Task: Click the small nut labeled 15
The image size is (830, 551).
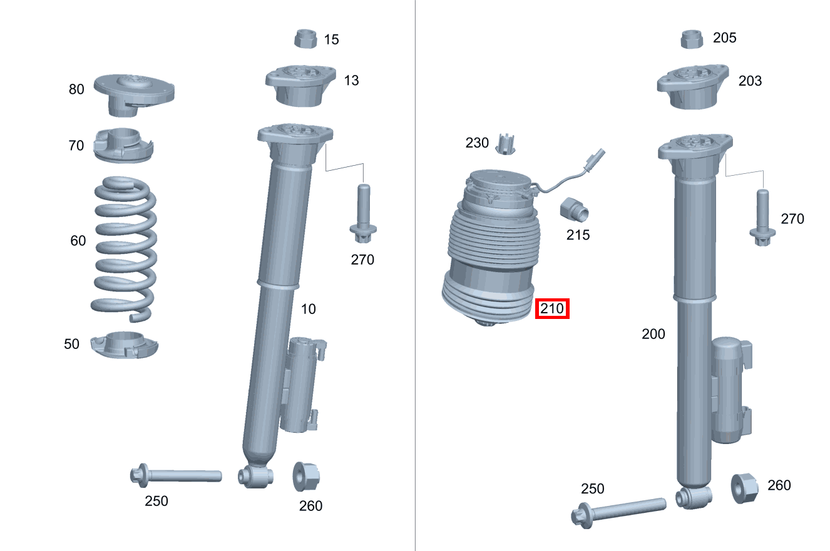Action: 307,38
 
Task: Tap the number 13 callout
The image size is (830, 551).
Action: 351,80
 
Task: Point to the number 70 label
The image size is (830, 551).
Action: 76,146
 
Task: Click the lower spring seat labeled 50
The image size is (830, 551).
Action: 125,345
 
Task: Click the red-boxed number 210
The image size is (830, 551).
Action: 552,308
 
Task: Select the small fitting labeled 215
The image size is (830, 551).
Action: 574,210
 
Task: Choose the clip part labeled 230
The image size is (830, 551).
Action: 506,144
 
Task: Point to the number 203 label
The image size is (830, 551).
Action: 750,81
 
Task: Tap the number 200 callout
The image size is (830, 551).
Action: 653,334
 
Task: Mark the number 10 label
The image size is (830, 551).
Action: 308,308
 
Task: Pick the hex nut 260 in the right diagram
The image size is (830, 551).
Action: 745,487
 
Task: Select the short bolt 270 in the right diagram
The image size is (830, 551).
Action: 762,218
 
